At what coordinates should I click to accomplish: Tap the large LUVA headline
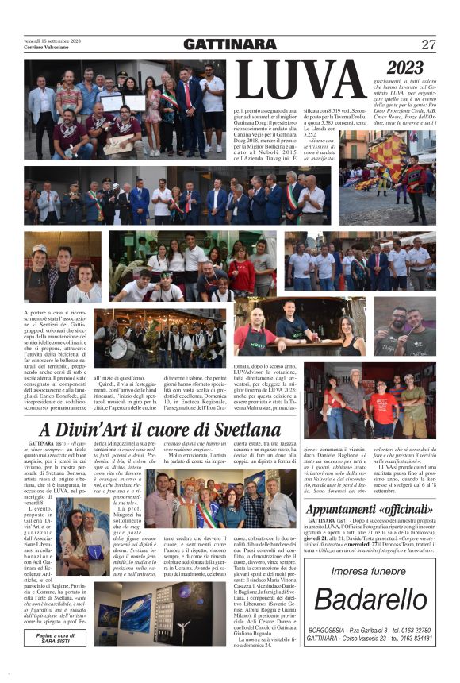point(298,80)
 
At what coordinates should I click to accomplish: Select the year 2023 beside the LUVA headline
point(404,67)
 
